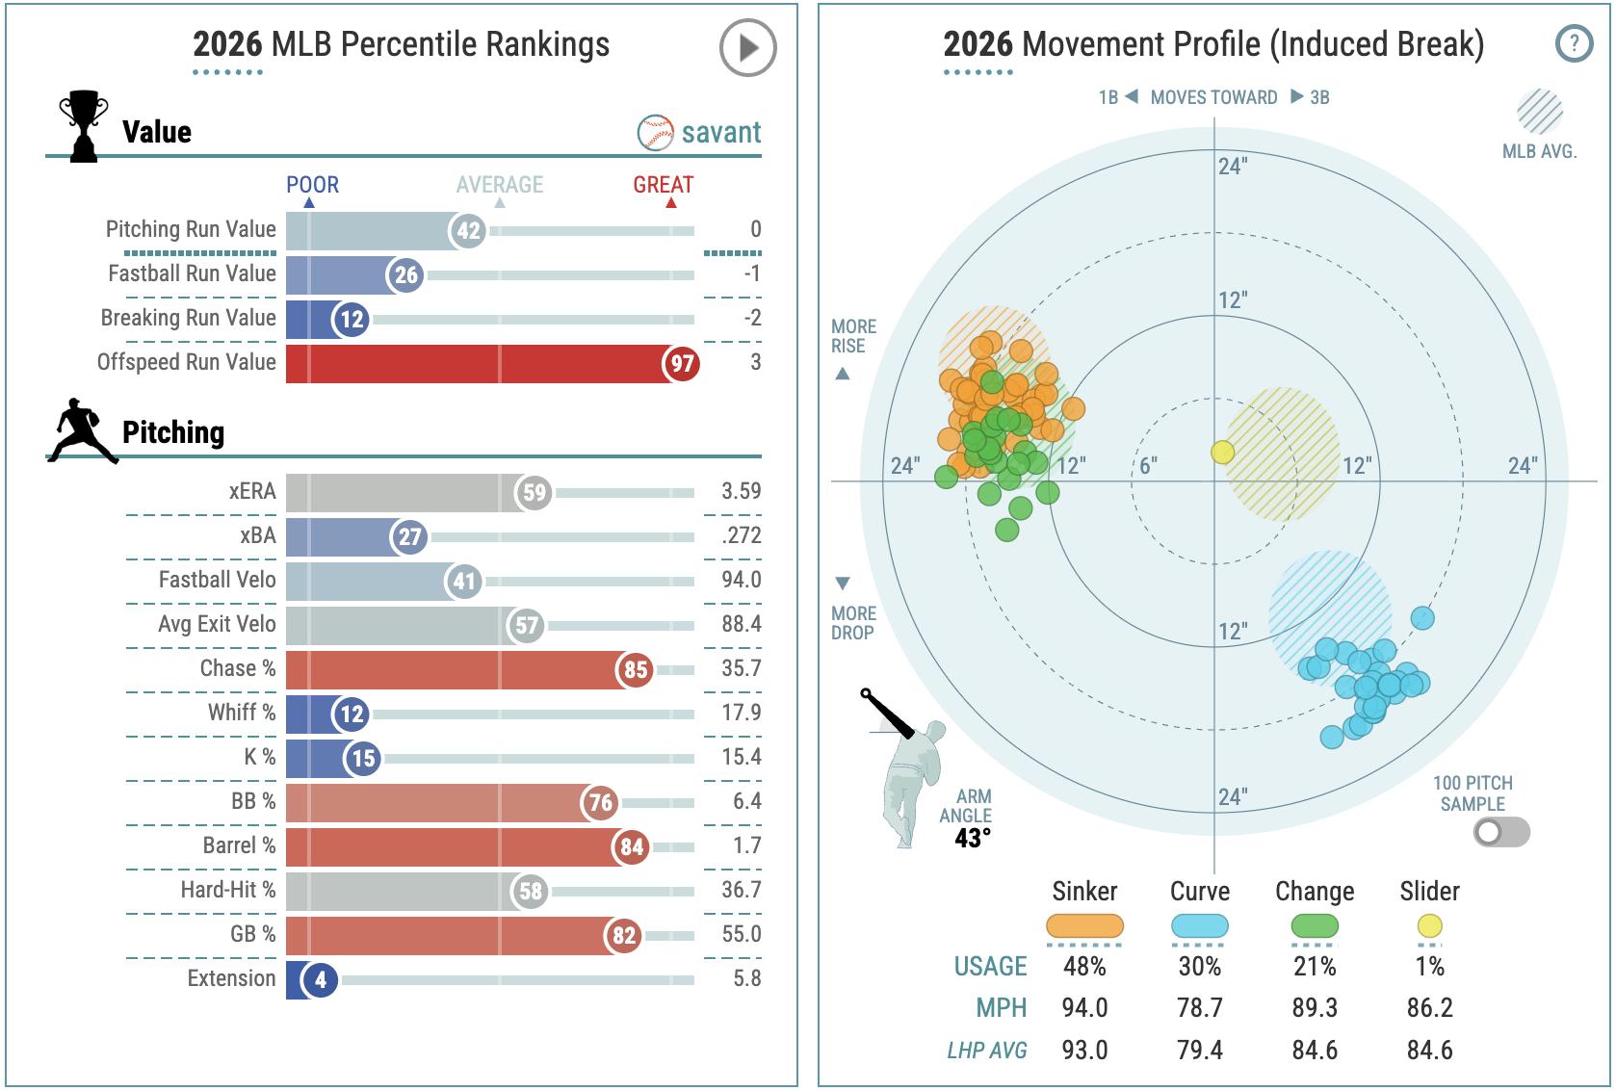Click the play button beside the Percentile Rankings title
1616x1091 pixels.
coord(747,47)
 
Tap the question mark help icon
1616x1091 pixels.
coord(1574,43)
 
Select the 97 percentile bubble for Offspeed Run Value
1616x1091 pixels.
coord(682,364)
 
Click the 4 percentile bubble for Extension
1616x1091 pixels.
coord(320,980)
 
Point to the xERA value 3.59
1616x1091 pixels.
coord(741,491)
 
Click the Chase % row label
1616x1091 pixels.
coord(237,668)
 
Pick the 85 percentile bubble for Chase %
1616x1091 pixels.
coord(635,670)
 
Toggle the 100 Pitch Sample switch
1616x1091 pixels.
coord(1500,832)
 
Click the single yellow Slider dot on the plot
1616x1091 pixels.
coord(1222,453)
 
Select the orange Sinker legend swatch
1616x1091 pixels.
coord(1084,926)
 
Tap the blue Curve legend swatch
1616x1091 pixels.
coord(1199,926)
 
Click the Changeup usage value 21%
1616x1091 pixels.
coord(1314,966)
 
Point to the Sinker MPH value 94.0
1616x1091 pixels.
coord(1084,1008)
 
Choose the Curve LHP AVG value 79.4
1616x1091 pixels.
coord(1199,1050)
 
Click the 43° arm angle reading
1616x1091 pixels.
coord(972,838)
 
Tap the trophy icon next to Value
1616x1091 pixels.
coord(83,126)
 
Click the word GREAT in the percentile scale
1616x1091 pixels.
coord(663,185)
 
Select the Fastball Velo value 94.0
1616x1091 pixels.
coord(741,580)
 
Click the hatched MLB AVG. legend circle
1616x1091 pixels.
coord(1539,112)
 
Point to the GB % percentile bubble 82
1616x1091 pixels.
coord(624,936)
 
